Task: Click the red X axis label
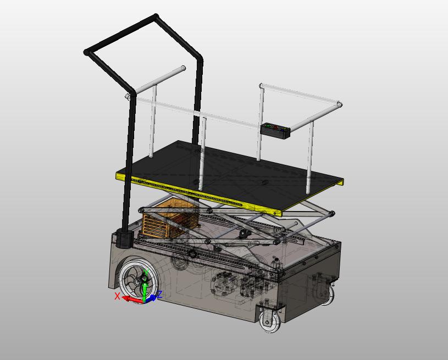(x=117, y=296)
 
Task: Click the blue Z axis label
(x=159, y=295)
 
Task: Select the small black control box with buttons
(x=275, y=131)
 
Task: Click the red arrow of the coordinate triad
(x=130, y=299)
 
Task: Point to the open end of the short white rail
(x=183, y=69)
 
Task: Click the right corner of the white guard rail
(x=340, y=104)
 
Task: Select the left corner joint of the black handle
(x=86, y=53)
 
